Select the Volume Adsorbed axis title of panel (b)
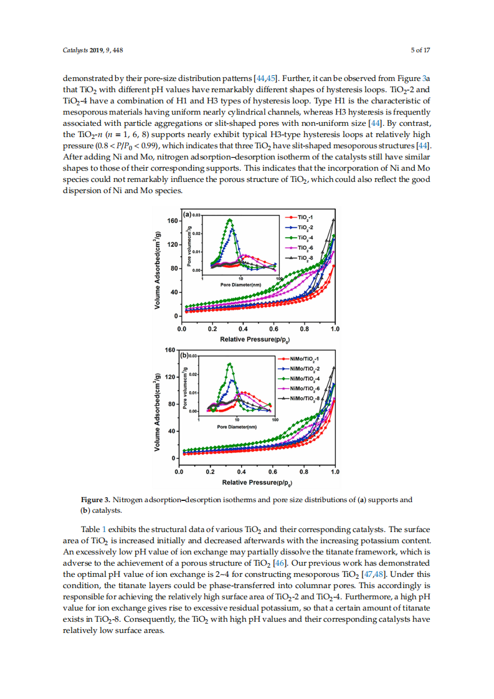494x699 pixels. (x=159, y=412)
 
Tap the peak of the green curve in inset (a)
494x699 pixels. (x=230, y=219)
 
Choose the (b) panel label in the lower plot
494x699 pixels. (x=185, y=356)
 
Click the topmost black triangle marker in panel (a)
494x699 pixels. (x=333, y=219)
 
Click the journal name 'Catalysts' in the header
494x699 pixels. (x=75, y=50)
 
